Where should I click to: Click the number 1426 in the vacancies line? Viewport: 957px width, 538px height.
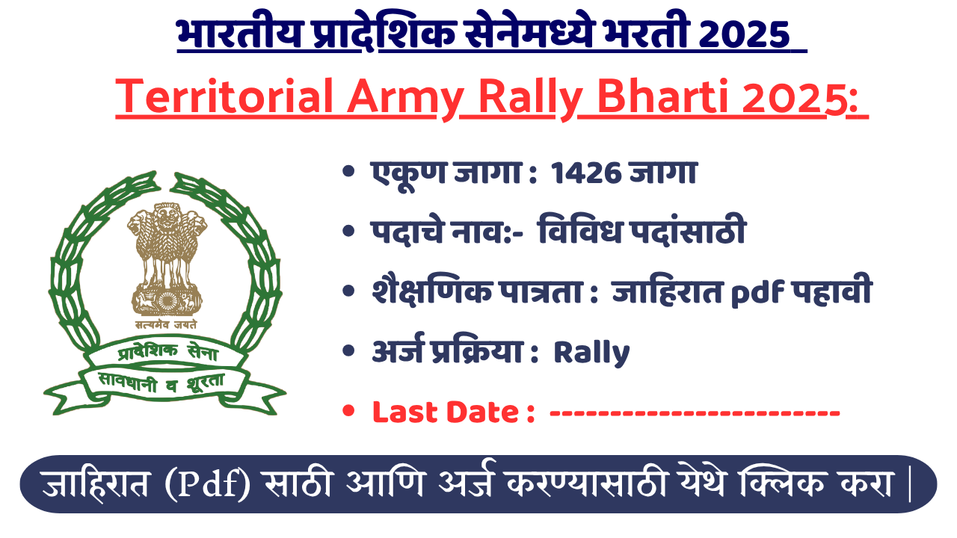584,173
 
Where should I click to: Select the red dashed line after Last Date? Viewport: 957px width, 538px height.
695,412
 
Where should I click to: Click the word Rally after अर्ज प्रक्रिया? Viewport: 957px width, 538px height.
591,353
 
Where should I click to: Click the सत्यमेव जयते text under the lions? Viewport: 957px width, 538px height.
165,326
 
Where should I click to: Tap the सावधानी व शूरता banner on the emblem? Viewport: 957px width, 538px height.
164,383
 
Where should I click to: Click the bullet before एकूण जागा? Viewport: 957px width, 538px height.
348,173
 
